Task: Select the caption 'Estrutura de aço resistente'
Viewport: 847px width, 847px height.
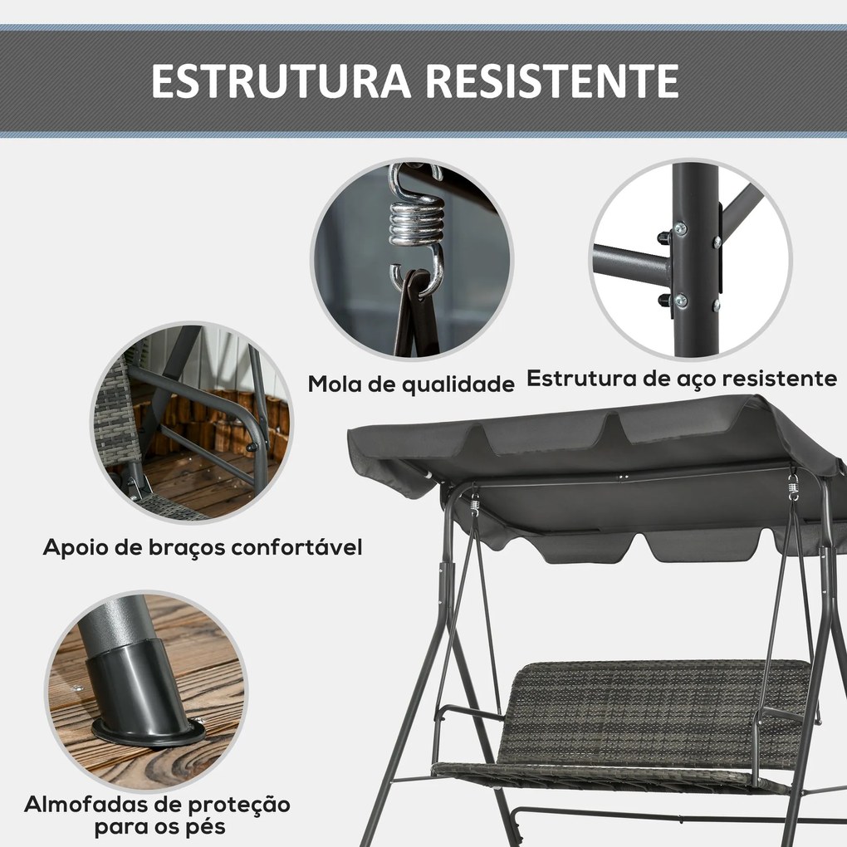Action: (682, 379)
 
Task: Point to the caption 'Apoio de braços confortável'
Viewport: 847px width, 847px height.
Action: (203, 548)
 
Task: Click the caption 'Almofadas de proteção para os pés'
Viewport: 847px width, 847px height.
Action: (157, 815)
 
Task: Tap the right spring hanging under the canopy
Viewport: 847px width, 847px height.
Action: (793, 487)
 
